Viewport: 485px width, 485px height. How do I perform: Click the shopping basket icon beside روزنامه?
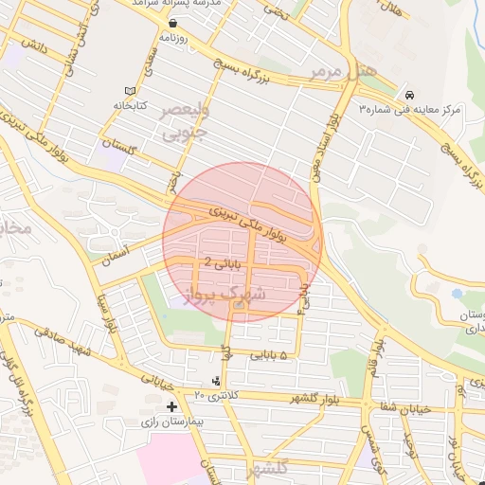pyautogui.click(x=173, y=23)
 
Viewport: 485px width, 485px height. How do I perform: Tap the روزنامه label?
pyautogui.click(x=173, y=38)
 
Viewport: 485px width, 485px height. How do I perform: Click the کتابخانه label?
pyautogui.click(x=136, y=105)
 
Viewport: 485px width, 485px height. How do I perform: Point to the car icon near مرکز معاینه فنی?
pyautogui.click(x=409, y=96)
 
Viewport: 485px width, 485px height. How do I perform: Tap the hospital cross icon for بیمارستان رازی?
pyautogui.click(x=171, y=406)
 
